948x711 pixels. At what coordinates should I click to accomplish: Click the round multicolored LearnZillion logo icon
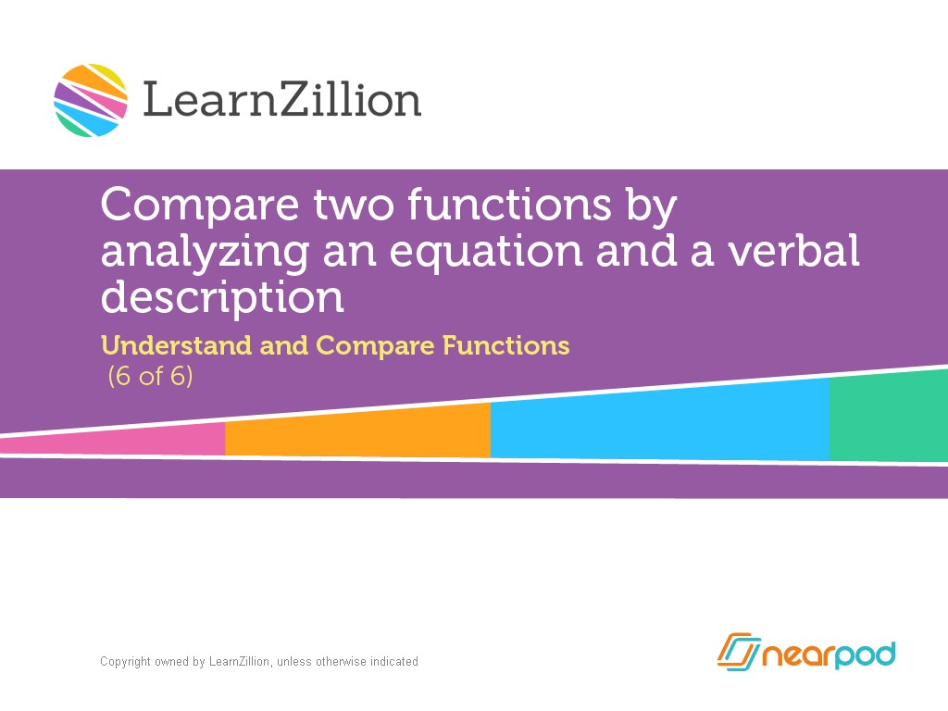click(91, 100)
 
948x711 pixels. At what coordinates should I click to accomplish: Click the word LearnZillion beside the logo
click(281, 100)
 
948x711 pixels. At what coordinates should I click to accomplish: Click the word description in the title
click(222, 298)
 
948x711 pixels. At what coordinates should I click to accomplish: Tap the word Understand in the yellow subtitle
click(176, 345)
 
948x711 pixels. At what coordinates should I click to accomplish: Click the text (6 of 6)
click(151, 377)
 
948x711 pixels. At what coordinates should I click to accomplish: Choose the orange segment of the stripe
click(357, 431)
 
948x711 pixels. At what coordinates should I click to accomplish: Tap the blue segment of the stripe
click(659, 421)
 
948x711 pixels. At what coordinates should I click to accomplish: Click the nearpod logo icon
click(738, 653)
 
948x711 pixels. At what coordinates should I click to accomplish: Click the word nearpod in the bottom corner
click(829, 655)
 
